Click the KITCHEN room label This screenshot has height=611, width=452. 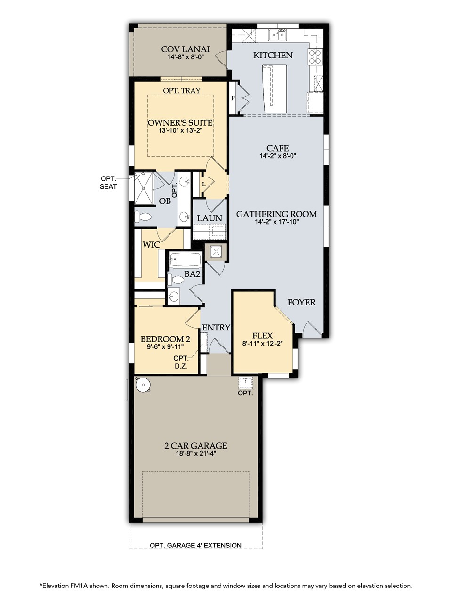pos(273,56)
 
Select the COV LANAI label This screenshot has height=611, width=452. pos(185,49)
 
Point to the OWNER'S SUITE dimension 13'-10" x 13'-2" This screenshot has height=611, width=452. pos(180,131)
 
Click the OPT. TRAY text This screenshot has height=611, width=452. pos(182,91)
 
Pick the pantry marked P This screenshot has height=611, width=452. pos(233,98)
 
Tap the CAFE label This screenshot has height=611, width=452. pos(277,148)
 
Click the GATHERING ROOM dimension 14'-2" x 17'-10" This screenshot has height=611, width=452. pos(276,222)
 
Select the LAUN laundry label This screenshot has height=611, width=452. pos(210,218)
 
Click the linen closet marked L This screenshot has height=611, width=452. pos(204,184)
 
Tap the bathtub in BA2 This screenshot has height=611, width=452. pos(185,260)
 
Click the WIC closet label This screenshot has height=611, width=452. pos(151,245)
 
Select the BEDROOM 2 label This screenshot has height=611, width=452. pos(165,339)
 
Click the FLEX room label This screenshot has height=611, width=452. pos(262,336)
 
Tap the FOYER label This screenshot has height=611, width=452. pos(301,302)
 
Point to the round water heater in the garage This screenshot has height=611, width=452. pos(142,385)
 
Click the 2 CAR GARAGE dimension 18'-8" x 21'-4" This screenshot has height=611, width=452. pos(196,454)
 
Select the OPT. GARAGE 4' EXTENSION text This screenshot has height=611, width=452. pos(195,545)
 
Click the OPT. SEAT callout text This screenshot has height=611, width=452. pos(108,183)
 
